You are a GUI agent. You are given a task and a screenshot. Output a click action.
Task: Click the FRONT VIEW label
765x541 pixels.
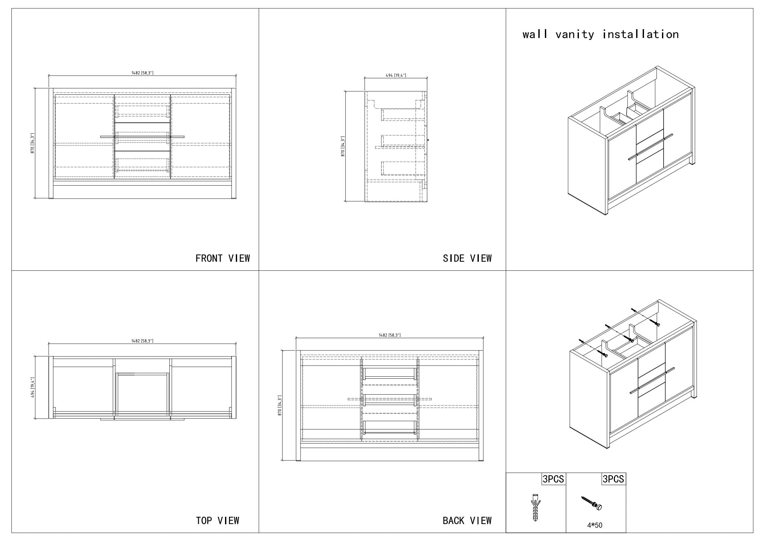tap(223, 258)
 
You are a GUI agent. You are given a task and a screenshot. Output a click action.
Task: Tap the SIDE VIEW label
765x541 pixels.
tap(467, 258)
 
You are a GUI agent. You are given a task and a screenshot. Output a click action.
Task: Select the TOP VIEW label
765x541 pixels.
tap(217, 521)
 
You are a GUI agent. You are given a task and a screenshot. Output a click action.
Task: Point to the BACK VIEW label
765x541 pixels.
tap(467, 521)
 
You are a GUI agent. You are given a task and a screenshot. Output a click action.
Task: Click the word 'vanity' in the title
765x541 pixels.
tap(575, 35)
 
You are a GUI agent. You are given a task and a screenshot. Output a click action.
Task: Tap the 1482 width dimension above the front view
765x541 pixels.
tap(142, 73)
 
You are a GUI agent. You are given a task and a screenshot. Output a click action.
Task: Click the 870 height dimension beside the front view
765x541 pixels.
tap(33, 143)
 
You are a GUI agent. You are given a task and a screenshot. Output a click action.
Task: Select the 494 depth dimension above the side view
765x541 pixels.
tap(396, 75)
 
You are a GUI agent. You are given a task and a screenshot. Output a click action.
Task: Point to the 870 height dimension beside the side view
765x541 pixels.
tap(343, 146)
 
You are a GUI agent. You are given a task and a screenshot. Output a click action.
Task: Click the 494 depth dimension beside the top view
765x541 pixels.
tap(33, 387)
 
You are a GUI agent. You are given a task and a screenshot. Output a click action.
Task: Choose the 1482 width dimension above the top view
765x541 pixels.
tap(142, 341)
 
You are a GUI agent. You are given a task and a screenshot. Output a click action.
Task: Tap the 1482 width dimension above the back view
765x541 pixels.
tap(390, 335)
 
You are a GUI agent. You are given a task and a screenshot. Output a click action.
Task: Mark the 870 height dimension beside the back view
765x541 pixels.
tap(280, 405)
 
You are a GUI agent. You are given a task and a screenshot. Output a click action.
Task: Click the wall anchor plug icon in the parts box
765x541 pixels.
tap(535, 507)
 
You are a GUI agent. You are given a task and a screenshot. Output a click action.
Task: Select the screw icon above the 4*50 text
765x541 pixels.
tap(592, 503)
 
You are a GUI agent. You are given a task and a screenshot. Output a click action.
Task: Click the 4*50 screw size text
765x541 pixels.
tap(595, 525)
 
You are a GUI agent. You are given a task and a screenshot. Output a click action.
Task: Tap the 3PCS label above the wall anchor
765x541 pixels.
tap(553, 479)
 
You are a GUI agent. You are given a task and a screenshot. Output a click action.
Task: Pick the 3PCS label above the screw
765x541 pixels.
tap(613, 479)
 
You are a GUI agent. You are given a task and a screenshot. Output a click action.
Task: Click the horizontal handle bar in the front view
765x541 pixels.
tap(142, 136)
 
